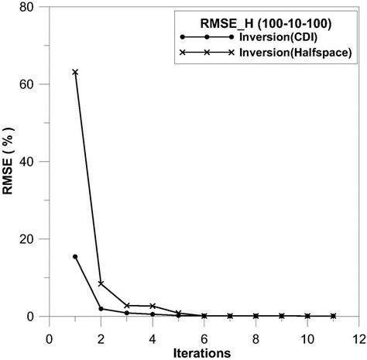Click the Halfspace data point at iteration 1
75,72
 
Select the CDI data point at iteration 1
75,256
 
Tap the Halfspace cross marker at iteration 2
101,283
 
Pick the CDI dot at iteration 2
101,309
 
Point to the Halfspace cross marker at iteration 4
153,306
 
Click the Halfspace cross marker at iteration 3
127,305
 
